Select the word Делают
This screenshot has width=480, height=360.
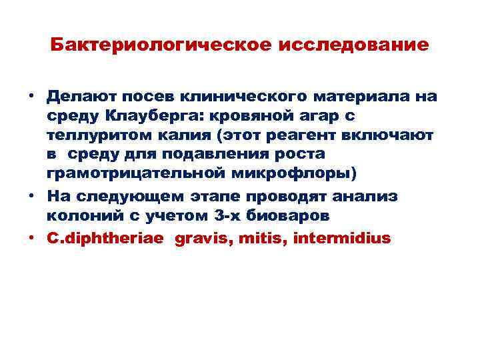click(x=77, y=97)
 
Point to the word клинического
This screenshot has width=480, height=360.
click(x=223, y=97)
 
